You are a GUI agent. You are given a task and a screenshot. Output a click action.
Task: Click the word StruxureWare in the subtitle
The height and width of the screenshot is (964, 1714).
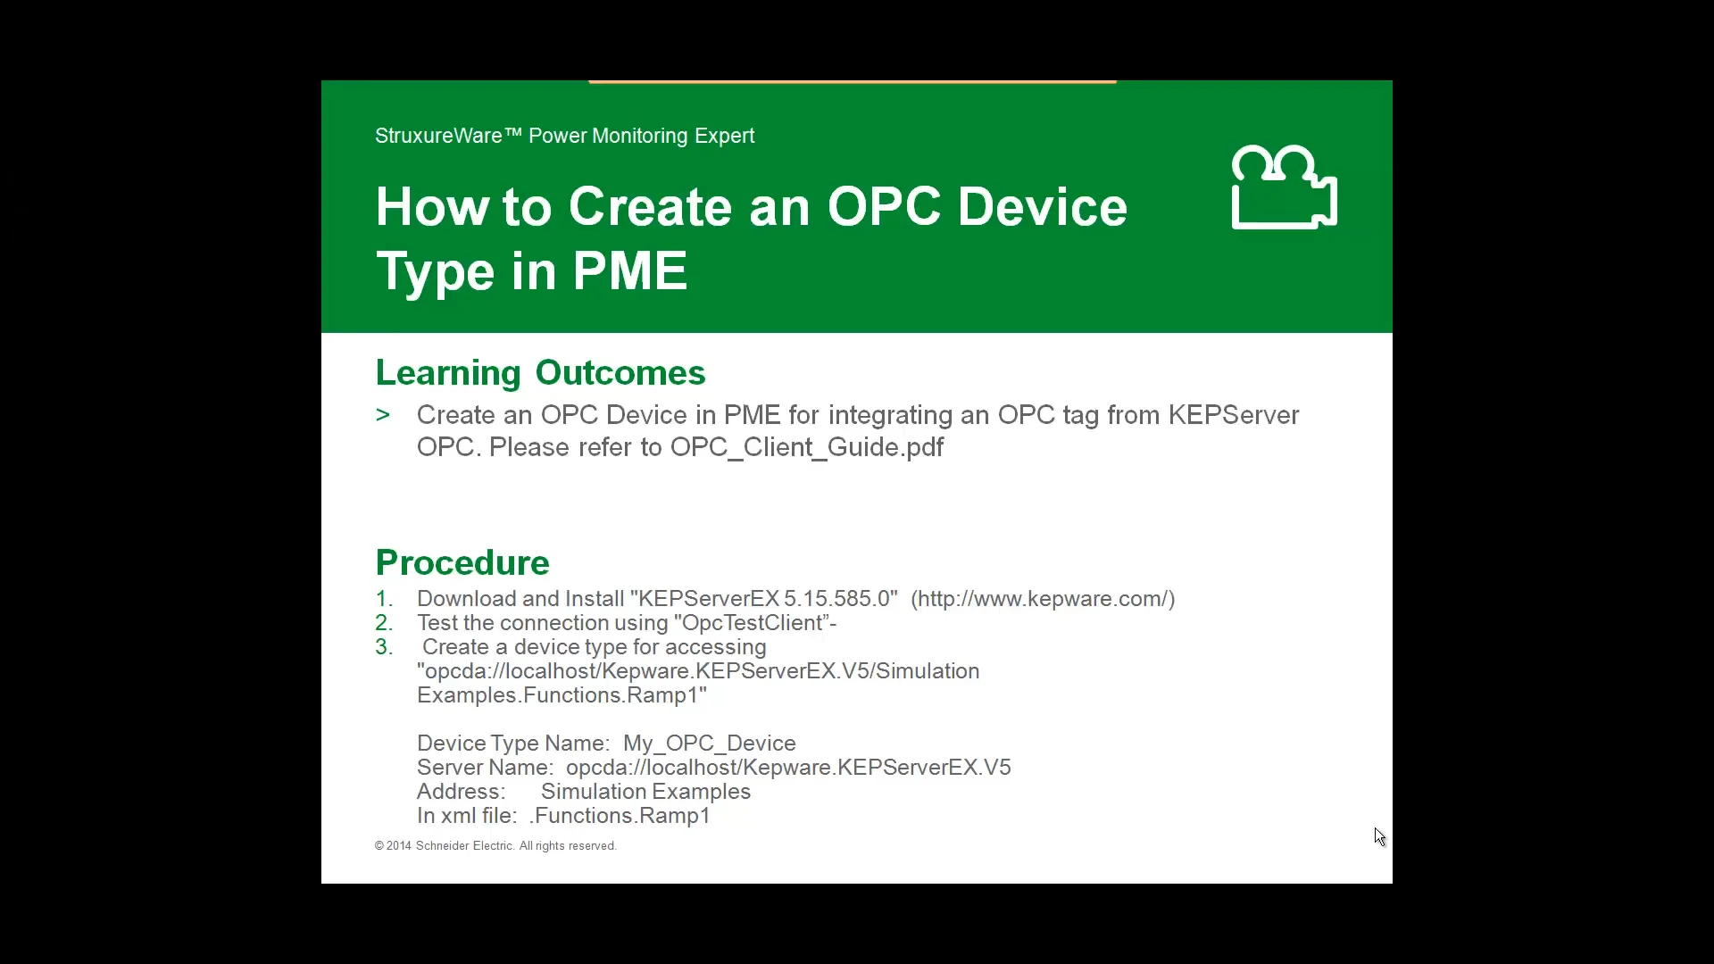click(x=438, y=136)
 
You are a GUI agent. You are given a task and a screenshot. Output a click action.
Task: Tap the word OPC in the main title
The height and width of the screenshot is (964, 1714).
click(x=884, y=207)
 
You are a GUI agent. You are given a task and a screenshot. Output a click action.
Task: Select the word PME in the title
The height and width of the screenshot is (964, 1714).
click(x=629, y=271)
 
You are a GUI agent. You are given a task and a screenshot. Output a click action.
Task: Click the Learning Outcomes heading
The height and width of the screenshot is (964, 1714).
click(x=540, y=373)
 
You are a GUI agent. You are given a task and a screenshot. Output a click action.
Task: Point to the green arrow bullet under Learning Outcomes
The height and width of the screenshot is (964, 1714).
click(x=383, y=415)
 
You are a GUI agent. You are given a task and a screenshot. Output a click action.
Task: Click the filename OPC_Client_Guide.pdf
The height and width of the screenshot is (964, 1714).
click(x=806, y=447)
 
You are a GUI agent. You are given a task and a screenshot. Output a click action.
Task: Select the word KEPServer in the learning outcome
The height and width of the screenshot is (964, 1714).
click(x=1233, y=415)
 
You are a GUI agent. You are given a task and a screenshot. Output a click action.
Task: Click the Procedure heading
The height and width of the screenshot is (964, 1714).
click(x=462, y=563)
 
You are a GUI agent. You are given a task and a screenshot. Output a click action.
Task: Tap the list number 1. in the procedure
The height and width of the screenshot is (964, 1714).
click(x=384, y=599)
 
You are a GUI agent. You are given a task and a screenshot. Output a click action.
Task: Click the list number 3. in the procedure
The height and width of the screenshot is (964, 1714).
click(x=384, y=647)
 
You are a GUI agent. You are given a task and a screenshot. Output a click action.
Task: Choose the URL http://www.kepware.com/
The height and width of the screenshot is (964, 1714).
click(x=1042, y=599)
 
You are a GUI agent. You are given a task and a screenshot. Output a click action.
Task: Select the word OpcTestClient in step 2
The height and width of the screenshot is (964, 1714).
click(x=752, y=623)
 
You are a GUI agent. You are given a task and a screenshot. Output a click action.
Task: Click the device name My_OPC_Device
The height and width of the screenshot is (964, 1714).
click(x=709, y=744)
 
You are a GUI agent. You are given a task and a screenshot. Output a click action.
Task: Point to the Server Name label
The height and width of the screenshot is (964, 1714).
click(x=484, y=768)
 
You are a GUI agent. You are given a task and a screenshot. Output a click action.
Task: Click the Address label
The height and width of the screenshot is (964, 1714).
click(x=461, y=792)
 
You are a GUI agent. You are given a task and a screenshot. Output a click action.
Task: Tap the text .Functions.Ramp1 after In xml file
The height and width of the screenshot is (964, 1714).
click(x=620, y=816)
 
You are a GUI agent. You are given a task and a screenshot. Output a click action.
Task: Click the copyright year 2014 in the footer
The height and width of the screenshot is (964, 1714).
click(x=399, y=846)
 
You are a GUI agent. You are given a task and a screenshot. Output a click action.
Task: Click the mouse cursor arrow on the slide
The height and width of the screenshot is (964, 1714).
click(x=1379, y=836)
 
